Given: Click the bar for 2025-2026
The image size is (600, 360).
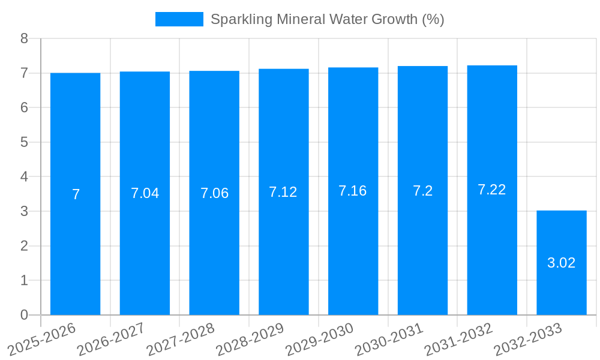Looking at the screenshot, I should [75, 194].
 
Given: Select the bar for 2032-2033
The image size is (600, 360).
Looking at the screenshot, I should [562, 263].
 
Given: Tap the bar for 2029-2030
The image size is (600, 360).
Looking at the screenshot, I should [353, 191].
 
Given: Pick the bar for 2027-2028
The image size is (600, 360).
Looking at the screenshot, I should [214, 193].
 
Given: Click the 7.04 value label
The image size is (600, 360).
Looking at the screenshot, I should [145, 193].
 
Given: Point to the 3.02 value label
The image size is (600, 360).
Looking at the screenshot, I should [562, 263].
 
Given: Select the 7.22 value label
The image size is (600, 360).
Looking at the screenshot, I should [492, 190].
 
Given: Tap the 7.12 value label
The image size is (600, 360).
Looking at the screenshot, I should [283, 192].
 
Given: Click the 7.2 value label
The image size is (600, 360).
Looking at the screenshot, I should [422, 191].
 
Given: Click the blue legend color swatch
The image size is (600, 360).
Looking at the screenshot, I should [179, 19].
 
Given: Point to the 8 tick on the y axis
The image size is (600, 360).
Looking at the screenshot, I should [24, 38].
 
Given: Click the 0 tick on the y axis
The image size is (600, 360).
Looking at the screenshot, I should [24, 315].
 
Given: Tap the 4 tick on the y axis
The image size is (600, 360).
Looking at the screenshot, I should [24, 177].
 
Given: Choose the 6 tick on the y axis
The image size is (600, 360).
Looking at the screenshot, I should [24, 108].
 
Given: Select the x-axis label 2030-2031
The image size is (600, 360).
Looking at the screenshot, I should [389, 340].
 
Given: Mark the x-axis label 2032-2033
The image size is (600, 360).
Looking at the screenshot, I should [528, 340].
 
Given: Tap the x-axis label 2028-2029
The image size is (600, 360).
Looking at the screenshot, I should [250, 340].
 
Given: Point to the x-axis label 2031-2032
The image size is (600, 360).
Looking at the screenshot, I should [458, 340].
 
